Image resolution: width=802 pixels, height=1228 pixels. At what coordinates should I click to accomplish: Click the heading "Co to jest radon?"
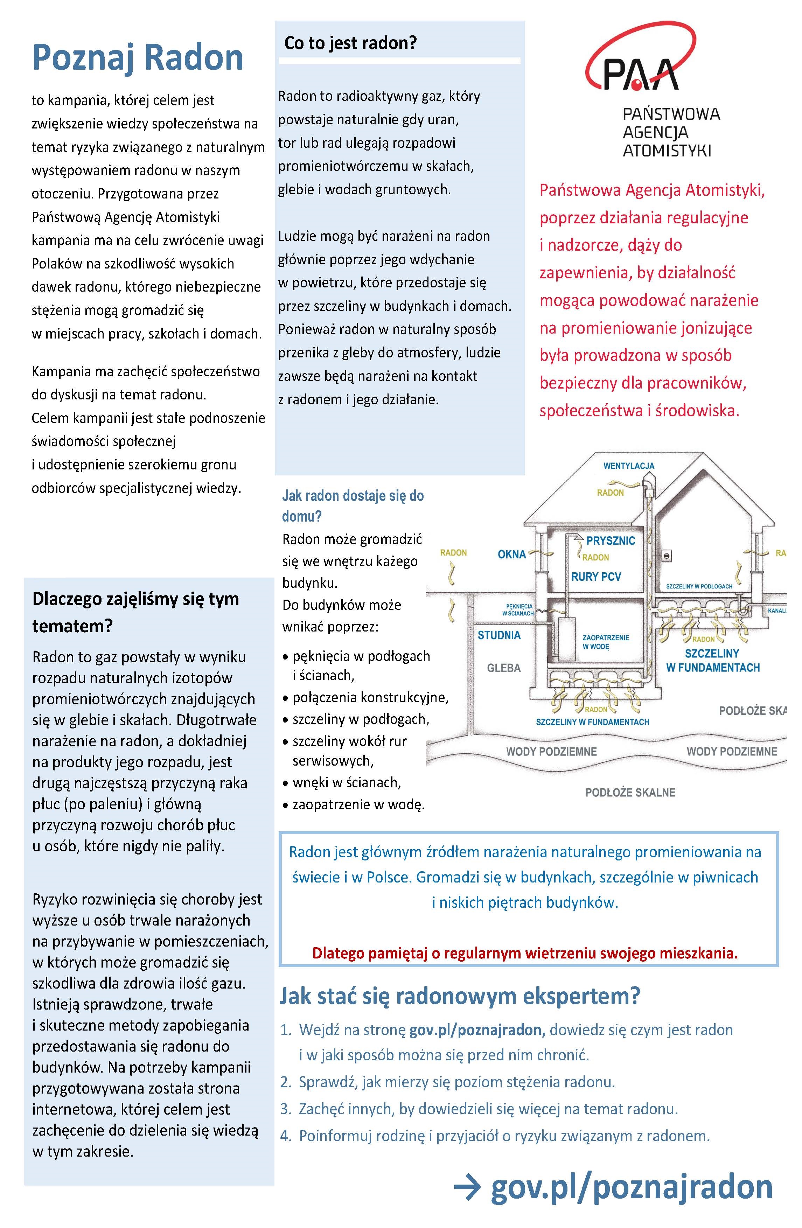pyautogui.click(x=350, y=43)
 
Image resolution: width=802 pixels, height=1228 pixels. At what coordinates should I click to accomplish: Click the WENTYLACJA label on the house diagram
pyautogui.click(x=629, y=466)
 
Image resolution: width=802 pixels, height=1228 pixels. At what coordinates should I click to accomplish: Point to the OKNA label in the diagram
pyautogui.click(x=511, y=554)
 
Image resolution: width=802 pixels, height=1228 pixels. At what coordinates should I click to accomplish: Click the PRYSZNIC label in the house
pyautogui.click(x=611, y=541)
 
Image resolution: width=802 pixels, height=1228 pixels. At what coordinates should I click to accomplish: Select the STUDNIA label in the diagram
pyautogui.click(x=499, y=635)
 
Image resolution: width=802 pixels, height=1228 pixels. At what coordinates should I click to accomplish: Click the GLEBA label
pyautogui.click(x=504, y=668)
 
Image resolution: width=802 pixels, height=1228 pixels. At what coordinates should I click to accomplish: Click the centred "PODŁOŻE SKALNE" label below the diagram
pyautogui.click(x=630, y=793)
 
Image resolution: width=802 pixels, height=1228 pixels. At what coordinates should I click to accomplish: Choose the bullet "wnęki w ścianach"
pyautogui.click(x=346, y=782)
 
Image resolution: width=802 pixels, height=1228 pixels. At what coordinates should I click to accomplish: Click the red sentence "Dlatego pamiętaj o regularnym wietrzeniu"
pyautogui.click(x=525, y=953)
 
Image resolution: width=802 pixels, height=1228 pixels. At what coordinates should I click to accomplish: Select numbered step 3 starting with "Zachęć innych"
pyautogui.click(x=488, y=1108)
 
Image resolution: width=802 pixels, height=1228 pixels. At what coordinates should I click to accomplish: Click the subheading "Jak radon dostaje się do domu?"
pyautogui.click(x=353, y=505)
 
